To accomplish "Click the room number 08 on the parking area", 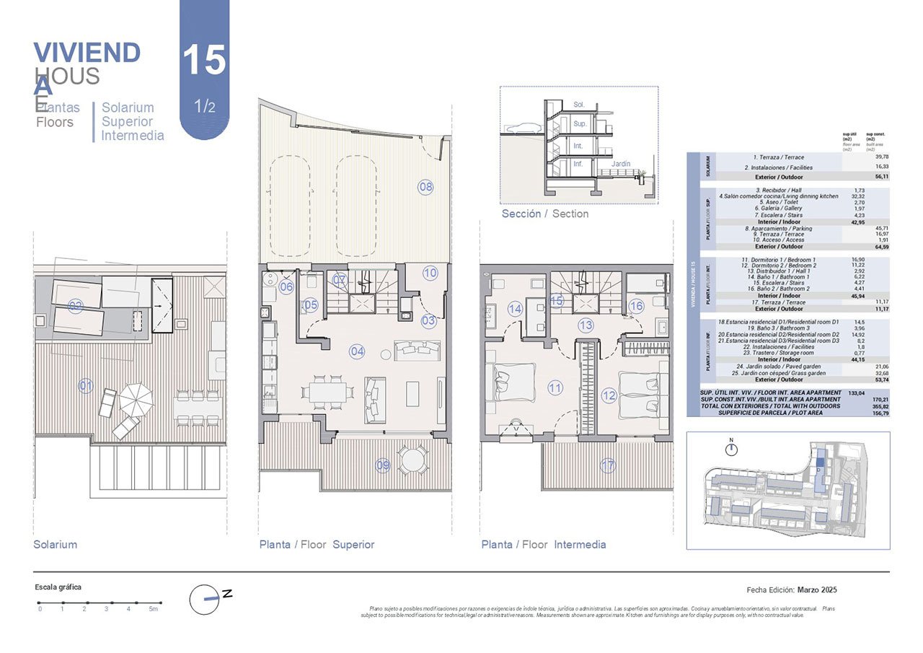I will click(x=426, y=187).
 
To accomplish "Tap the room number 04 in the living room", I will click(x=357, y=351).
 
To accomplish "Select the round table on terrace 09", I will click(x=412, y=460).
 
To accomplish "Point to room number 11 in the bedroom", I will click(x=555, y=388).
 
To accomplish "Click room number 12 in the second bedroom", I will click(x=609, y=395).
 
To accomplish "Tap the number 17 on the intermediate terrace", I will click(x=609, y=465).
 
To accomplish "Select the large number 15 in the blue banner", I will click(x=204, y=60).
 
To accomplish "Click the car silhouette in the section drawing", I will click(x=523, y=129).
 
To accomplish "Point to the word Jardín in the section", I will click(x=620, y=164).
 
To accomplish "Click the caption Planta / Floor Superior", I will click(x=317, y=545).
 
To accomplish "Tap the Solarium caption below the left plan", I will click(x=55, y=545).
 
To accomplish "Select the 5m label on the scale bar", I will click(x=153, y=610).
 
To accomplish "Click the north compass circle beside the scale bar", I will click(x=204, y=599).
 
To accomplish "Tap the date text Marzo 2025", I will click(x=817, y=590).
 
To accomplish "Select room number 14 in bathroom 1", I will click(x=515, y=309).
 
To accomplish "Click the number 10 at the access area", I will click(x=430, y=273).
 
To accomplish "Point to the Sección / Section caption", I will click(x=545, y=214).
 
